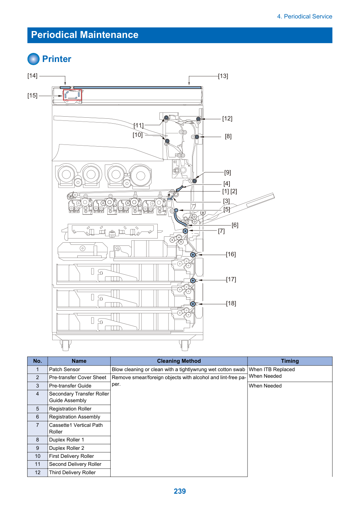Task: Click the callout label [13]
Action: [223, 76]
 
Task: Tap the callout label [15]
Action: [32, 95]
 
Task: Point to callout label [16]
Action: [231, 254]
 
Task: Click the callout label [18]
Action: [231, 303]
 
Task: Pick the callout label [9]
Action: [227, 172]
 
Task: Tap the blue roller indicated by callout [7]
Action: [186, 231]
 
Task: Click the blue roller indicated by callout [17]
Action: [193, 281]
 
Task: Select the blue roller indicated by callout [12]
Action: [198, 119]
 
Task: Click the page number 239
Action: [180, 491]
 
